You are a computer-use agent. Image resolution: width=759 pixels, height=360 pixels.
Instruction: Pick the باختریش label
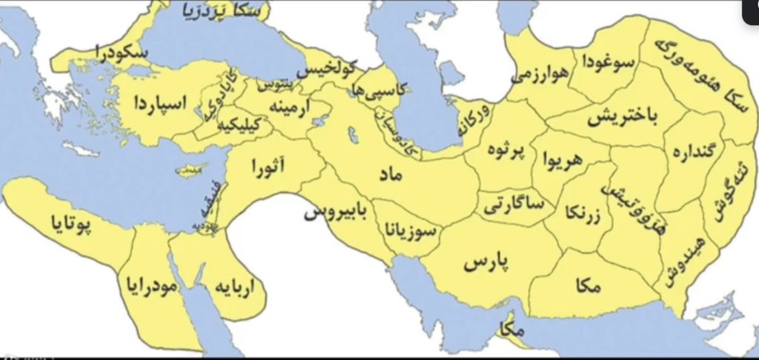(620, 118)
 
